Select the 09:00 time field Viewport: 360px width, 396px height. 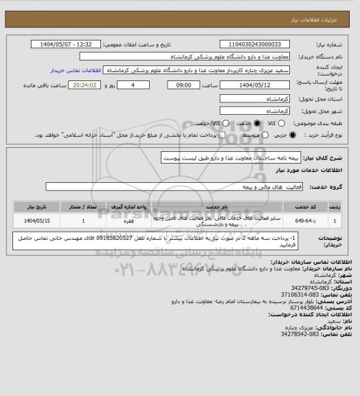coord(183,85)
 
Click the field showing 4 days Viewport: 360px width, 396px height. coord(133,85)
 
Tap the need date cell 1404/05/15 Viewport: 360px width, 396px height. coord(28,221)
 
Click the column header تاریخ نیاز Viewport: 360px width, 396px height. coord(28,205)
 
